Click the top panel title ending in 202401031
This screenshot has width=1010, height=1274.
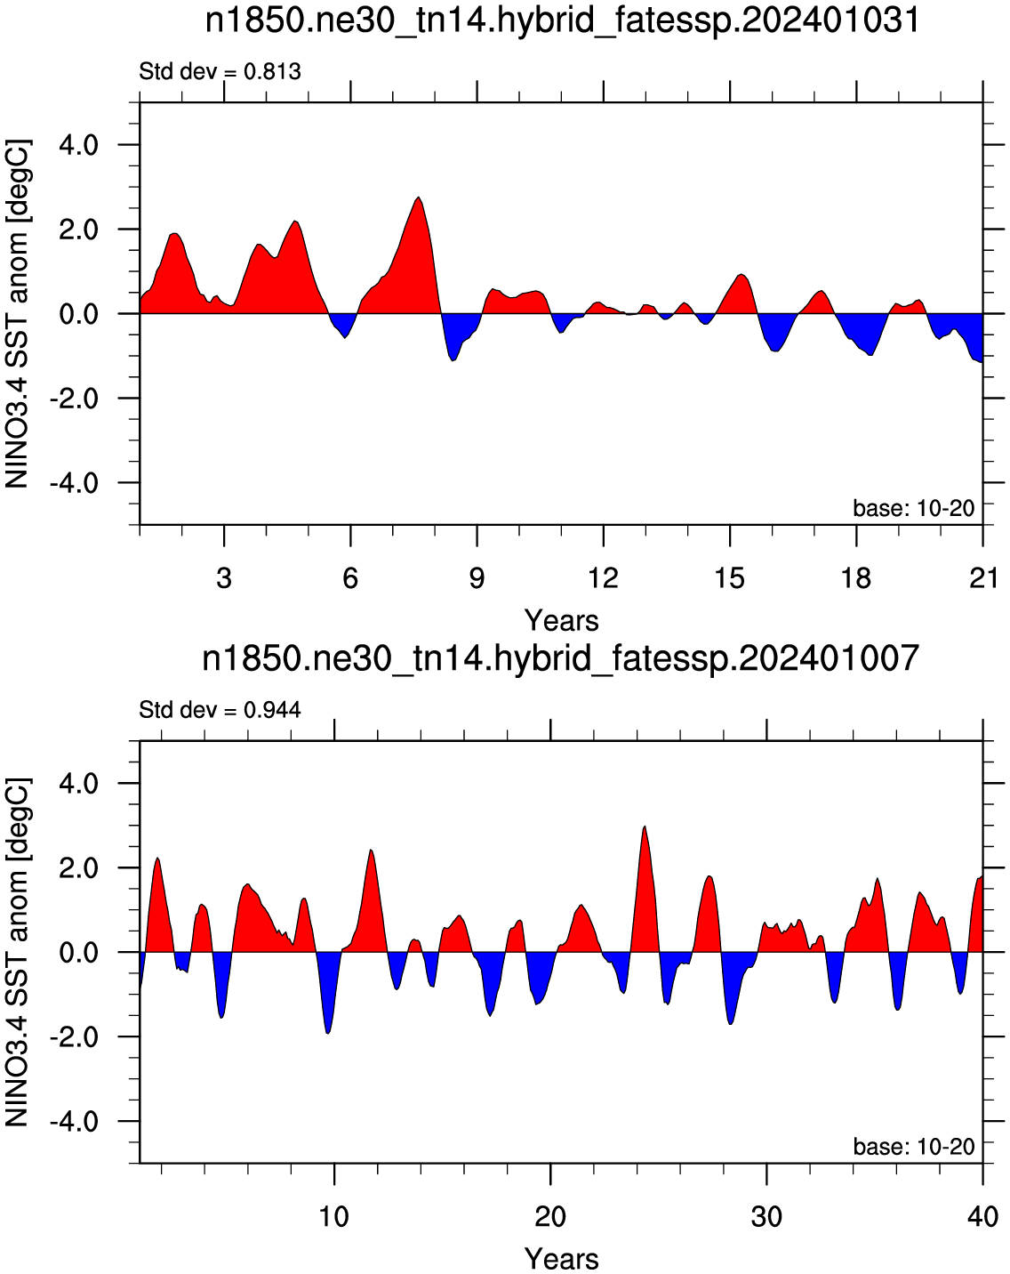coord(562,21)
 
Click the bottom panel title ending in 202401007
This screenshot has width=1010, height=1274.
coord(561,658)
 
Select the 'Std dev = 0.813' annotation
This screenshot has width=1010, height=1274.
coord(220,72)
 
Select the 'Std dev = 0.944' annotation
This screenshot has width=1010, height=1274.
coord(220,709)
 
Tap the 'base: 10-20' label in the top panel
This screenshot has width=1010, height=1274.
coord(914,508)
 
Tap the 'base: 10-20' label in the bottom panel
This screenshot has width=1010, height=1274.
coord(914,1147)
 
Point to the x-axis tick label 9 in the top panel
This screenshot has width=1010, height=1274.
coord(477,577)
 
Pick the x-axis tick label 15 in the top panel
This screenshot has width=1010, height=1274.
coord(730,577)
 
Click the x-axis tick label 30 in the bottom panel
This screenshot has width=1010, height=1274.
coord(766,1216)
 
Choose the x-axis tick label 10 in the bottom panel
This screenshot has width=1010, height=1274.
coord(333,1216)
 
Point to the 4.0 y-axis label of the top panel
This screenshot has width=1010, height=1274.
coord(79,146)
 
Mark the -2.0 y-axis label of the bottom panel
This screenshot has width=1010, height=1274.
coord(74,1037)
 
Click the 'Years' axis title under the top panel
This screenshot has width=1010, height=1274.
coord(562,621)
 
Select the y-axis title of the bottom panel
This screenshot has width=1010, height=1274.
coord(17,953)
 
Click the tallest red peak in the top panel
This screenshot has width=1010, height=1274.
coord(419,198)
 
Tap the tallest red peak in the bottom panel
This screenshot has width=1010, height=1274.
coord(645,827)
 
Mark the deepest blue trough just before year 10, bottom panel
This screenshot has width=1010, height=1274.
coord(328,1033)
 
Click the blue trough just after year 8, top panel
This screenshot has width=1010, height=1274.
coord(453,360)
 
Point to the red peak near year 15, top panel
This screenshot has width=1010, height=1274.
coord(741,275)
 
